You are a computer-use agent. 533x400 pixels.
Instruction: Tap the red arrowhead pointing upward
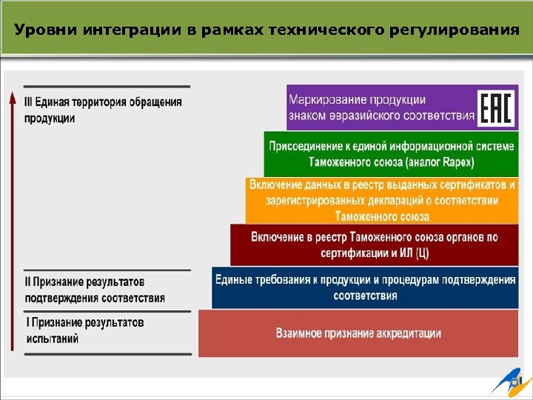(x=13, y=98)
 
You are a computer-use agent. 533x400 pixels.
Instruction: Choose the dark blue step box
(x=365, y=287)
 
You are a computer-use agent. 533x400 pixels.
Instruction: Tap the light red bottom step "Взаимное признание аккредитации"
(x=358, y=333)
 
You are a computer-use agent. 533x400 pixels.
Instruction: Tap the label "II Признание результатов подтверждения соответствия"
(x=95, y=290)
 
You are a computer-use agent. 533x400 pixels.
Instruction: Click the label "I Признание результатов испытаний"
(x=84, y=330)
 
